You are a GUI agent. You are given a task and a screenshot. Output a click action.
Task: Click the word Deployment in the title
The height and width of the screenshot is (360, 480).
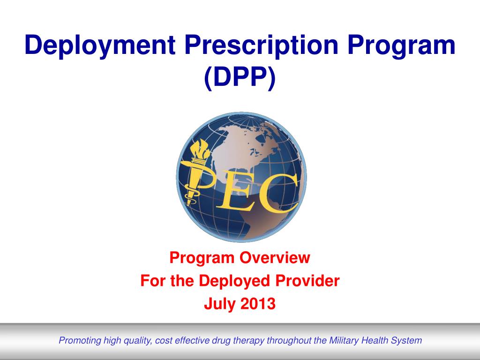pyautogui.click(x=100, y=46)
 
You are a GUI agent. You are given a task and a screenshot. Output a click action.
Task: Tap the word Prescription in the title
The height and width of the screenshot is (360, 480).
pyautogui.click(x=261, y=46)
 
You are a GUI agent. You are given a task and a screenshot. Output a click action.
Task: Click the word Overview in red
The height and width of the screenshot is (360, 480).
pyautogui.click(x=275, y=257)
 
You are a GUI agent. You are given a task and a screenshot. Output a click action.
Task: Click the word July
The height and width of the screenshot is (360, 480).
pyautogui.click(x=220, y=304)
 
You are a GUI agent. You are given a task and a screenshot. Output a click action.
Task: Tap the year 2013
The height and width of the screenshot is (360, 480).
pyautogui.click(x=258, y=304)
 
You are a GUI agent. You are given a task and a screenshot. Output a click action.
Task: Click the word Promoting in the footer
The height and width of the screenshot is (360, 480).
pyautogui.click(x=80, y=341)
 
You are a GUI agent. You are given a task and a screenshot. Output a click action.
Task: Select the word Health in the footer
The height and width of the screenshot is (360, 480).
pyautogui.click(x=375, y=340)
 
